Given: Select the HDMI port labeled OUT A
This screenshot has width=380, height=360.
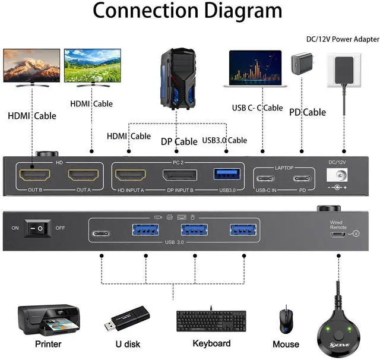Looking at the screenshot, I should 83,175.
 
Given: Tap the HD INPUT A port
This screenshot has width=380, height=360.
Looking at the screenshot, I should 129,175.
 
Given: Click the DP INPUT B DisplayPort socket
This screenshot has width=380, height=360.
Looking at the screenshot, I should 180,175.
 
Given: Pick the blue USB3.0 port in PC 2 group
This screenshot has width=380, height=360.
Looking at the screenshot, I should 227,174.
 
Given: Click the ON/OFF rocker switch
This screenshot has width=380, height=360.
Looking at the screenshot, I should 37,228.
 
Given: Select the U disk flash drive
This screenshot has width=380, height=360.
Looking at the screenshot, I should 126,317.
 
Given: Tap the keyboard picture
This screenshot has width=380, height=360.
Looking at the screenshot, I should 211,321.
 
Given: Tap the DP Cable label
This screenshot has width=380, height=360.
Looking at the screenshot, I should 179,141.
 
